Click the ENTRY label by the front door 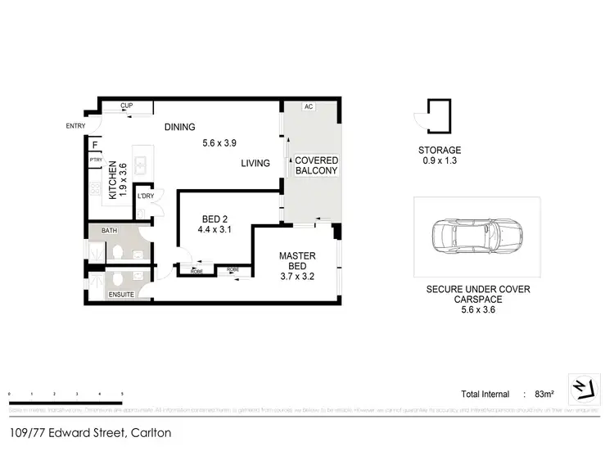coord(75,125)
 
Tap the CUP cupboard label coord(127,106)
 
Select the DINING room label coord(179,127)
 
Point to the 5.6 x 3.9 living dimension coord(219,143)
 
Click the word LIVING coord(255,164)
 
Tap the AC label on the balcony coord(309,107)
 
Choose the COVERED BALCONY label coord(316,165)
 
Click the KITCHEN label coord(113,181)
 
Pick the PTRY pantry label coord(96,160)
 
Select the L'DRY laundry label coord(146,196)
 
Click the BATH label coord(109,232)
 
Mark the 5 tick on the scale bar coord(122,395)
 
